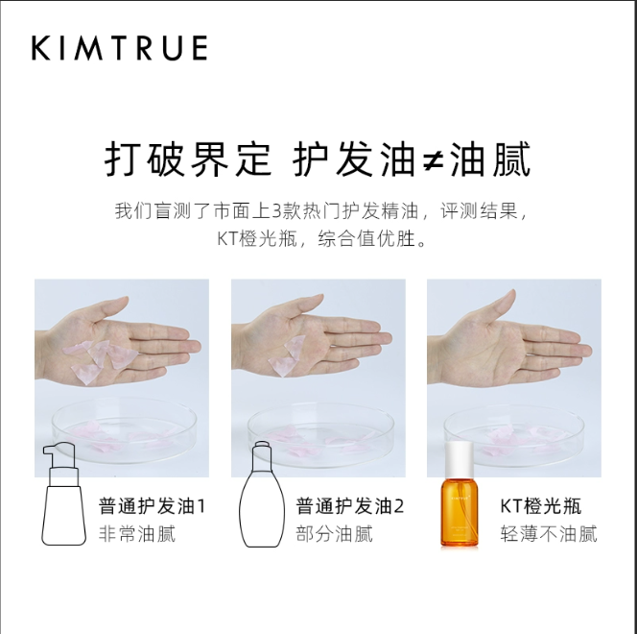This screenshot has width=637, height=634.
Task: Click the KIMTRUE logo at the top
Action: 119,48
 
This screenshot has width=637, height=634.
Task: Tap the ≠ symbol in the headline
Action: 433,159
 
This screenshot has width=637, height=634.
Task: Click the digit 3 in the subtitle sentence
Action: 276,211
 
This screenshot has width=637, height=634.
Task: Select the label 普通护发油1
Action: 152,506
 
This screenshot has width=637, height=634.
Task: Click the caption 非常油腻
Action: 137,533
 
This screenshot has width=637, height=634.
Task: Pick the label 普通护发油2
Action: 350,506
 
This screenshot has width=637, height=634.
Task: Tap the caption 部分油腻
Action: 334,533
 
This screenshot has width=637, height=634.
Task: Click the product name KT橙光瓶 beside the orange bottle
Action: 540,506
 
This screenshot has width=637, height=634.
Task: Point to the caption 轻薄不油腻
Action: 549,533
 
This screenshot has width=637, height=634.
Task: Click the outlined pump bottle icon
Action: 63,494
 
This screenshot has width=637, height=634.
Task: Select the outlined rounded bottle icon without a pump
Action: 262,495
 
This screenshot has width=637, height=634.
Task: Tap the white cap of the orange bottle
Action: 460,459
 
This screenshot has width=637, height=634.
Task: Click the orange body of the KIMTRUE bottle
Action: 460,512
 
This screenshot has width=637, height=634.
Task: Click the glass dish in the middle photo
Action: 320,434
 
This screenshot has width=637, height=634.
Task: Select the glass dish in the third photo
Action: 514,435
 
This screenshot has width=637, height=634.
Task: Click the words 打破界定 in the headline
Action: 187,159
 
